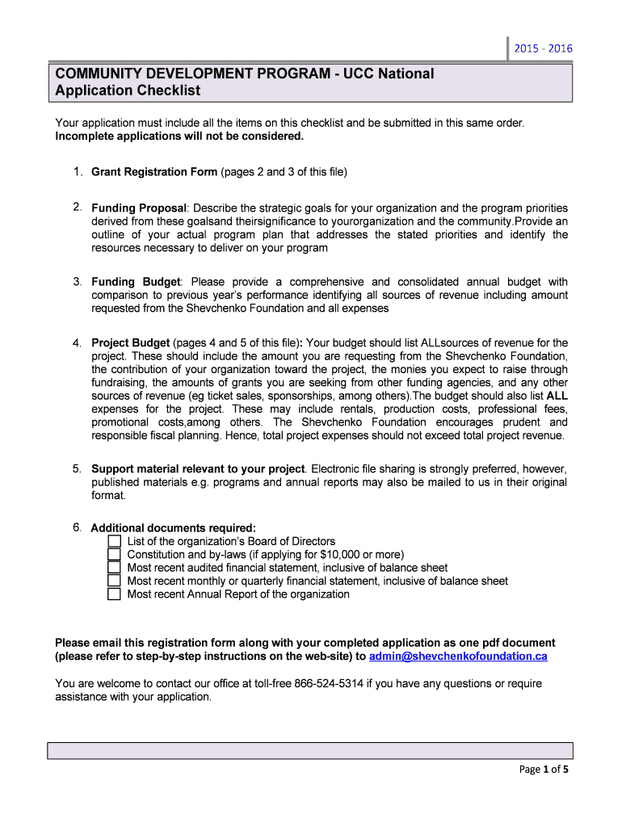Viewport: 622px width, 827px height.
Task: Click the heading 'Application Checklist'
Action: pos(128,90)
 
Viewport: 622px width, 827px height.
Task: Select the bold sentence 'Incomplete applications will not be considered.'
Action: pos(179,136)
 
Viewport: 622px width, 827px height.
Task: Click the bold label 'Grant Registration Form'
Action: pos(154,172)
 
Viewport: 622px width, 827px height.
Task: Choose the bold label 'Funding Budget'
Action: pos(136,282)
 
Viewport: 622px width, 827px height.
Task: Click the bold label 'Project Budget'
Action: pos(130,343)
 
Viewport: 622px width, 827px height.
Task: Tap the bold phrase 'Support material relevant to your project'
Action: pos(198,469)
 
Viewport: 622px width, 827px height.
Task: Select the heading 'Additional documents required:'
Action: pos(173,528)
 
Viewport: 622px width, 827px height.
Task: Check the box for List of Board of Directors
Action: pos(114,541)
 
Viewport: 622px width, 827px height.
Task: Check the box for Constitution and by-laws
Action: pos(114,555)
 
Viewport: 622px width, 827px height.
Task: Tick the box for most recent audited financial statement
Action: pos(114,568)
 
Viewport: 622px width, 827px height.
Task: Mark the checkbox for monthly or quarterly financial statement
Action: pos(114,581)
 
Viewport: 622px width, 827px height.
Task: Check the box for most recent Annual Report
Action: pos(114,594)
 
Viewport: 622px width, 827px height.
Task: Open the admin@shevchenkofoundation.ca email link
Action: pos(458,656)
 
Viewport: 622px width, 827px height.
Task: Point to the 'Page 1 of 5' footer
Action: pos(544,770)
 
